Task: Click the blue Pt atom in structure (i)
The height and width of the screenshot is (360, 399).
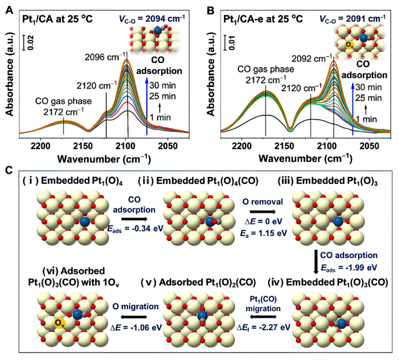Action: coord(84,223)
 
